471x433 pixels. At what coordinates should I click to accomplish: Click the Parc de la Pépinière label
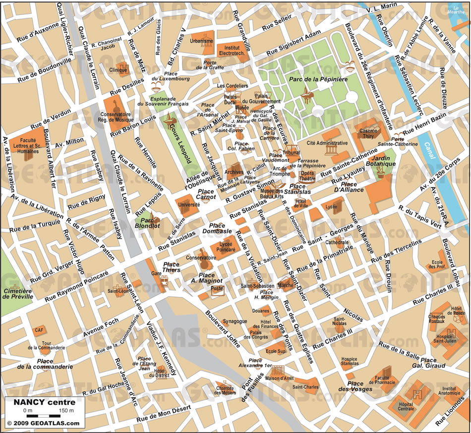(x=318, y=79)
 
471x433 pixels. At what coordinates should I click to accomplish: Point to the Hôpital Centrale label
(x=406, y=407)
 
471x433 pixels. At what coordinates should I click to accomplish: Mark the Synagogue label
(x=235, y=321)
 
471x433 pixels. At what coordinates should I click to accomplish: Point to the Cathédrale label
(x=338, y=242)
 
